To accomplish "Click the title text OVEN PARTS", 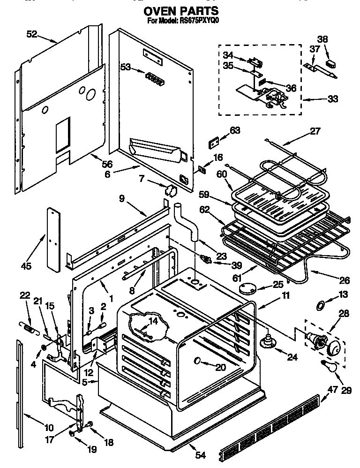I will pyautogui.click(x=180, y=10).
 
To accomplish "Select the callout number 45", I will pyautogui.click(x=27, y=266).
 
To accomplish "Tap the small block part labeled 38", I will pyautogui.click(x=331, y=61).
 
